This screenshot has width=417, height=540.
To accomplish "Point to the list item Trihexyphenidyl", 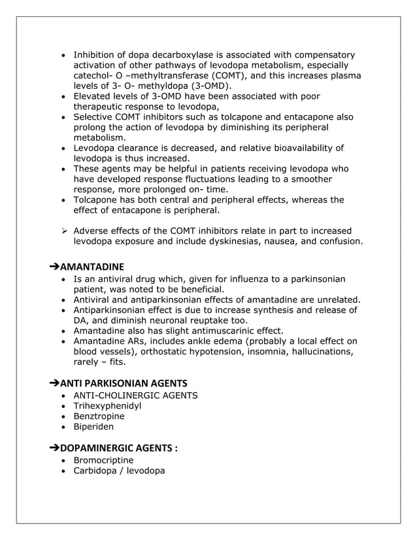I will [x=107, y=405].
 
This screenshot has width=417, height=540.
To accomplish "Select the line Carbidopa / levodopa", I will [x=119, y=470].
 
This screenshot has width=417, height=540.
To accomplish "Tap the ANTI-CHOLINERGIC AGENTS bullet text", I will [x=135, y=395].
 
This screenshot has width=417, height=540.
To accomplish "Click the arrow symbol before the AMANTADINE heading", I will [x=54, y=267].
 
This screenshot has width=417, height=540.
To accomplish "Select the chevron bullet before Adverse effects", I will [x=64, y=231].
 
